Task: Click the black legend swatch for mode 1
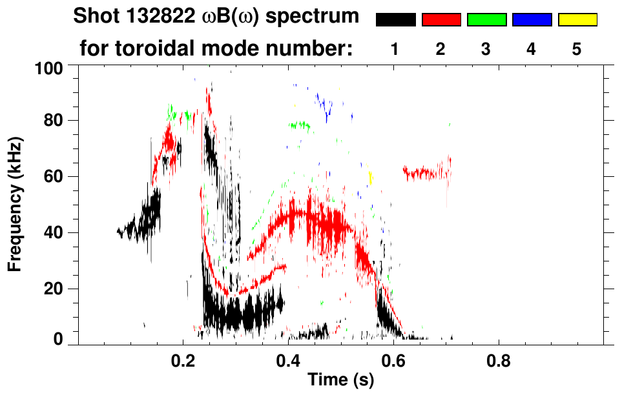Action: [x=395, y=20]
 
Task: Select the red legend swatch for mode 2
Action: [x=441, y=20]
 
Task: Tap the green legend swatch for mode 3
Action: [x=486, y=20]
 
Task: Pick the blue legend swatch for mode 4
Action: [x=532, y=20]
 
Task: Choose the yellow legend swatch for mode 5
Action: [x=577, y=20]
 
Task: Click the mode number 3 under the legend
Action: [x=486, y=49]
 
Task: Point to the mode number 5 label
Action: [x=576, y=49]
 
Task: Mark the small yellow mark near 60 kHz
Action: [x=370, y=177]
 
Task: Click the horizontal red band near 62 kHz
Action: [x=426, y=172]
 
